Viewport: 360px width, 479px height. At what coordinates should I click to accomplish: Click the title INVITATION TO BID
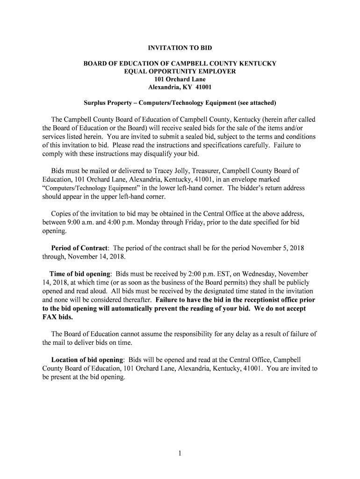point(180,48)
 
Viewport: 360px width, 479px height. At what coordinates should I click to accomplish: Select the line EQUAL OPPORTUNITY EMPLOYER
point(180,71)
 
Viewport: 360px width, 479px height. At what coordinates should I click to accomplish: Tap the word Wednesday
point(257,274)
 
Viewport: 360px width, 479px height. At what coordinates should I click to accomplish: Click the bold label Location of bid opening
point(87,360)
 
